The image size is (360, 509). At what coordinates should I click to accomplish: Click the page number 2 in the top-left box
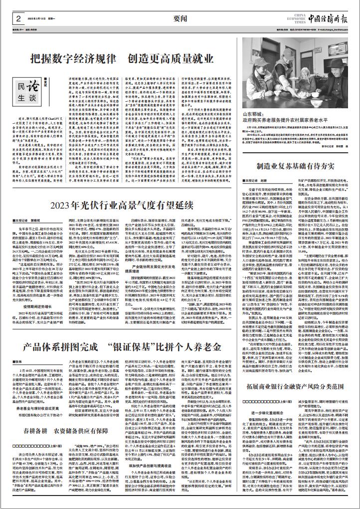18,18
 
